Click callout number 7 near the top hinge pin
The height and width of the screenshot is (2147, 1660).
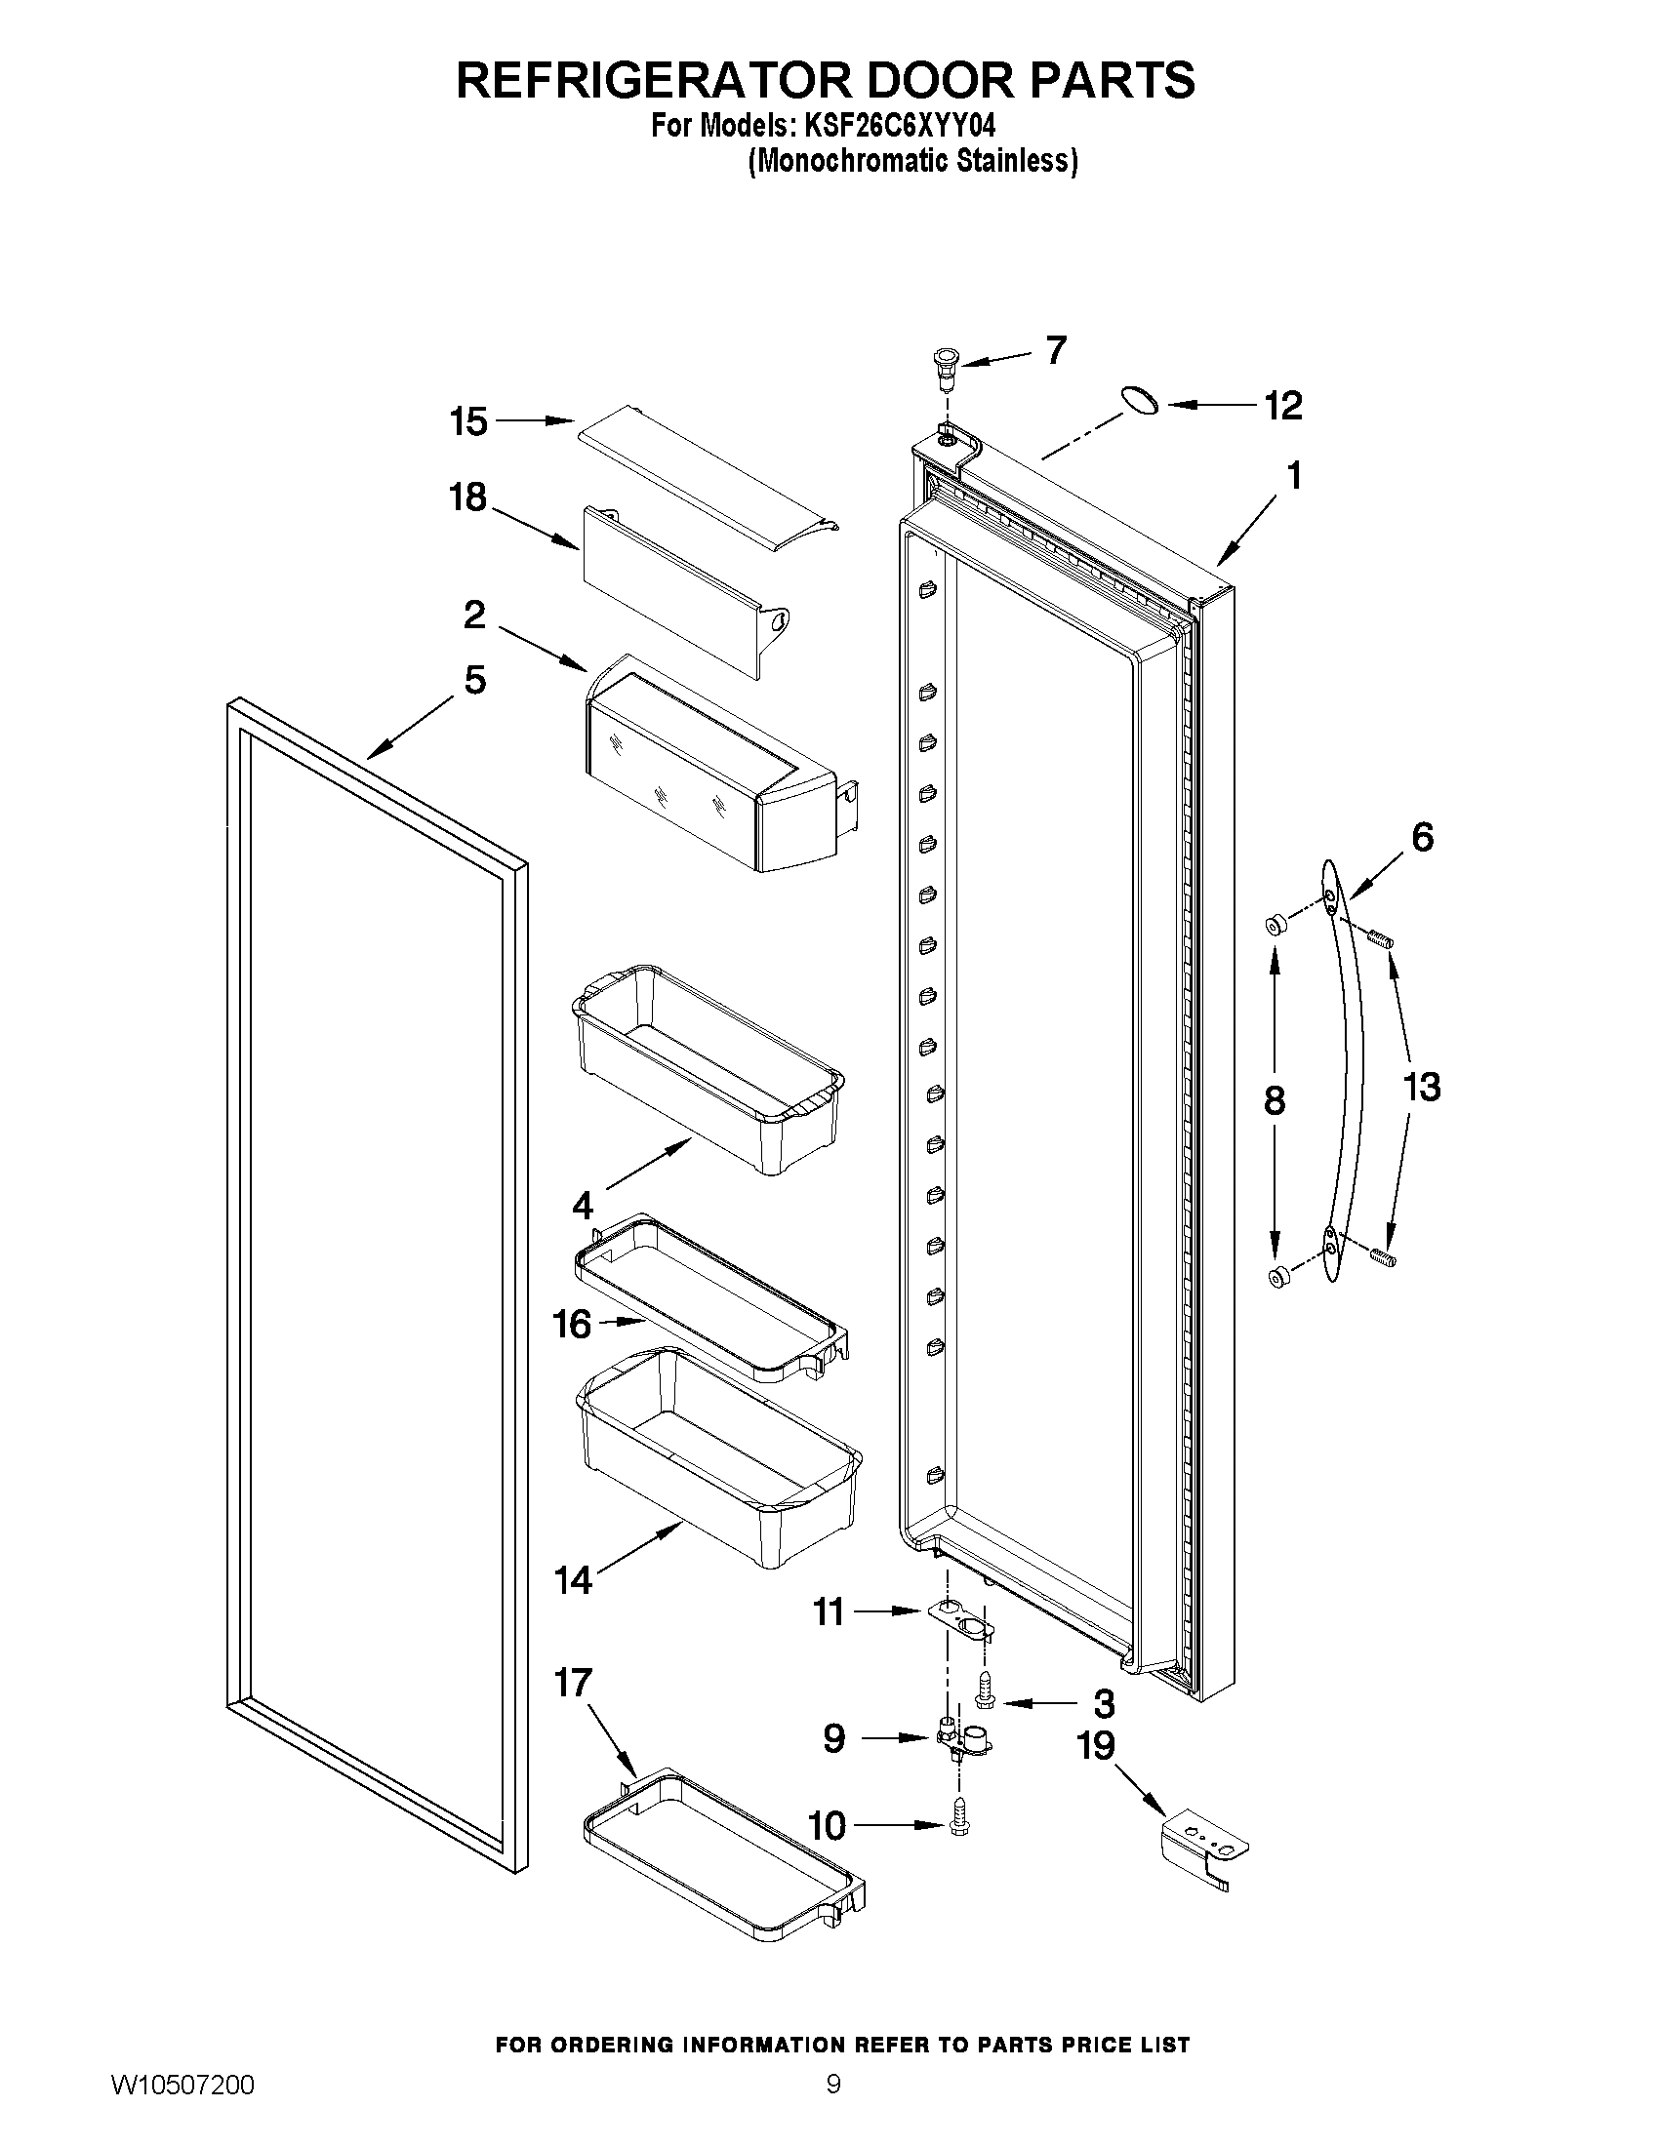pyautogui.click(x=1056, y=350)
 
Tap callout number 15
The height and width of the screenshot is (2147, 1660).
pyautogui.click(x=468, y=421)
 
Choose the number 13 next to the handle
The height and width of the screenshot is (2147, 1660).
pyautogui.click(x=1421, y=1088)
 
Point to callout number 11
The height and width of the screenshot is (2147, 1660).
pyautogui.click(x=829, y=1612)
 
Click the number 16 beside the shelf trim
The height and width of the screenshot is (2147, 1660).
pyautogui.click(x=572, y=1324)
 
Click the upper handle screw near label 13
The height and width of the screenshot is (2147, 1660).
pyautogui.click(x=1382, y=939)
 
